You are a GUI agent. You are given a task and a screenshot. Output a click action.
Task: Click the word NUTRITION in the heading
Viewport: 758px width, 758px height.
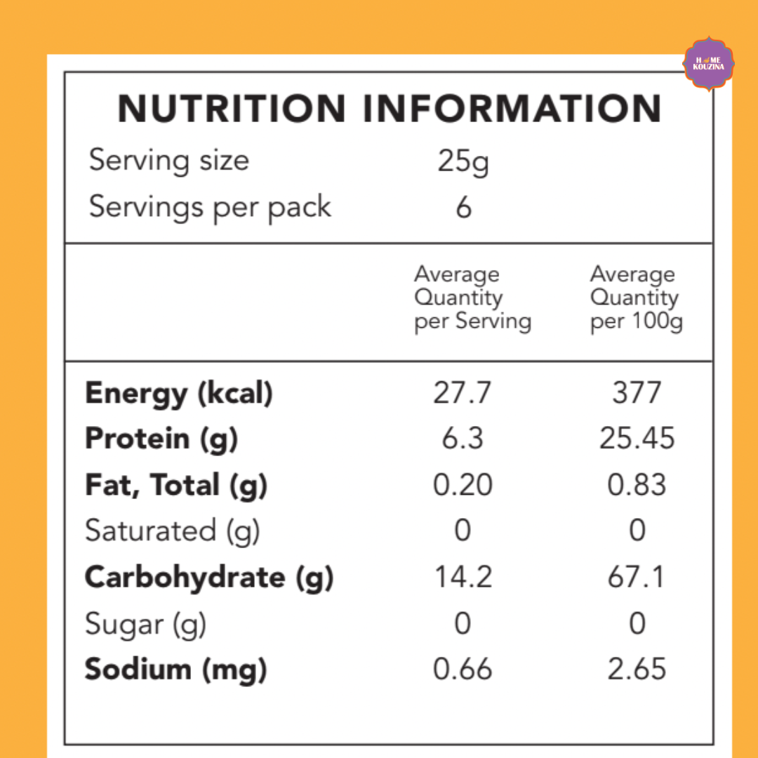coord(232,109)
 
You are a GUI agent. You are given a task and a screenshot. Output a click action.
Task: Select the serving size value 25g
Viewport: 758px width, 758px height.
coord(463,162)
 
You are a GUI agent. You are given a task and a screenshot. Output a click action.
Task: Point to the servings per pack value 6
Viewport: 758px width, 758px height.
coord(463,208)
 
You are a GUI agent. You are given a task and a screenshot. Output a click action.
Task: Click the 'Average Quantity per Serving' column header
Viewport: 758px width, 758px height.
coord(472,298)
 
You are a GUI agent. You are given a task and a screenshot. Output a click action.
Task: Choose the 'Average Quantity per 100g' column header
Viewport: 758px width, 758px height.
coord(635,298)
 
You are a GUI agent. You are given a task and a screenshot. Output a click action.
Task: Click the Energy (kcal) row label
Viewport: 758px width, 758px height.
coord(178,394)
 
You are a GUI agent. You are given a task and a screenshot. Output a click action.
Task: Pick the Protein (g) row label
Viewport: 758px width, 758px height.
coord(161,439)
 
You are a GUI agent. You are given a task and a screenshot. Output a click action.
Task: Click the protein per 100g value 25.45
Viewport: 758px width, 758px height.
coord(637,439)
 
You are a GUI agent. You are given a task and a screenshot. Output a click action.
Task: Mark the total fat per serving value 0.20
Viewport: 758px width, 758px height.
coord(463,485)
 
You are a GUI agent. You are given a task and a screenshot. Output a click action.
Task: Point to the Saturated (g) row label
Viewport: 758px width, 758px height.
coord(172,531)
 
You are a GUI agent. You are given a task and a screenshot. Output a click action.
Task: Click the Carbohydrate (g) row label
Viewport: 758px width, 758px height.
coord(208,578)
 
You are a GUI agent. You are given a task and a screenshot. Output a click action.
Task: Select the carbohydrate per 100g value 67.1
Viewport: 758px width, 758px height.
coord(637,578)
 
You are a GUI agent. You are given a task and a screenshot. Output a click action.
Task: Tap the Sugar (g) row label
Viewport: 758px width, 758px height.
coord(145,624)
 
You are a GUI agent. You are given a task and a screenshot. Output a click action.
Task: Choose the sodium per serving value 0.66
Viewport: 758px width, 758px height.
coord(463,670)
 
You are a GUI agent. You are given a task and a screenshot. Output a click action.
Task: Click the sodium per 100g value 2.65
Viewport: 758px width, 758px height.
coord(637,670)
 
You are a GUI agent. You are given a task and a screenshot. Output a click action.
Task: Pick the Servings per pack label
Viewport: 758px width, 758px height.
coord(210,208)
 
